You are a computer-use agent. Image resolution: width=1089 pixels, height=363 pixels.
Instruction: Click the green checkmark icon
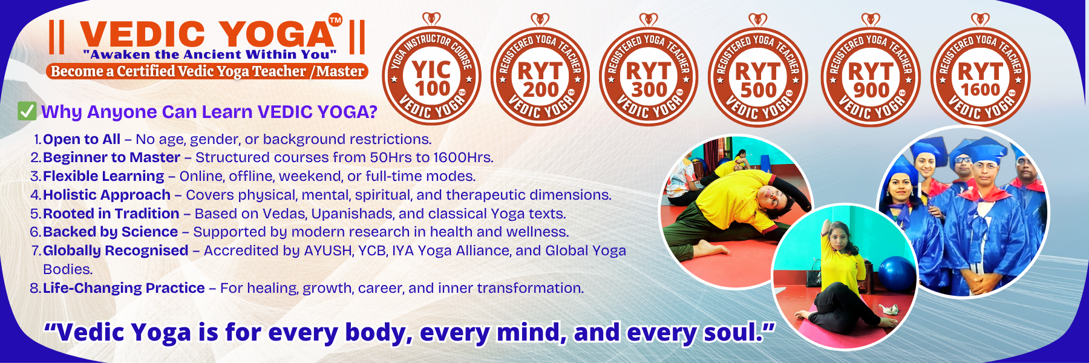[x=27, y=111]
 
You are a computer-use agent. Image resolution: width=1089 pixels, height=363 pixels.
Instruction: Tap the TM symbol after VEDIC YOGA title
[x=335, y=20]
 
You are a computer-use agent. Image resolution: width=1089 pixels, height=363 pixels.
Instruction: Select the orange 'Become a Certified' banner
[x=208, y=71]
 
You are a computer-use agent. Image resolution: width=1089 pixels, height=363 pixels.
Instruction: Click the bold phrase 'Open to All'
[x=82, y=139]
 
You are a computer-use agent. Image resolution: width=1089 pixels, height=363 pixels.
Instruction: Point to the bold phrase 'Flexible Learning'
[x=103, y=176]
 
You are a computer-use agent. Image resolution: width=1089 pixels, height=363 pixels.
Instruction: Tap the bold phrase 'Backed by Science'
[x=111, y=232]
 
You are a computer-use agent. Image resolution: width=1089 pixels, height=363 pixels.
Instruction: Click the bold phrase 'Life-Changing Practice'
[x=124, y=288]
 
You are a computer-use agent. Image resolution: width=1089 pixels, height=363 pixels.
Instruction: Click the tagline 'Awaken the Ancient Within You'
[x=209, y=54]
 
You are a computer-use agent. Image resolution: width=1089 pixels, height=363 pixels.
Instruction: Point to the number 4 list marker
[x=35, y=195]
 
